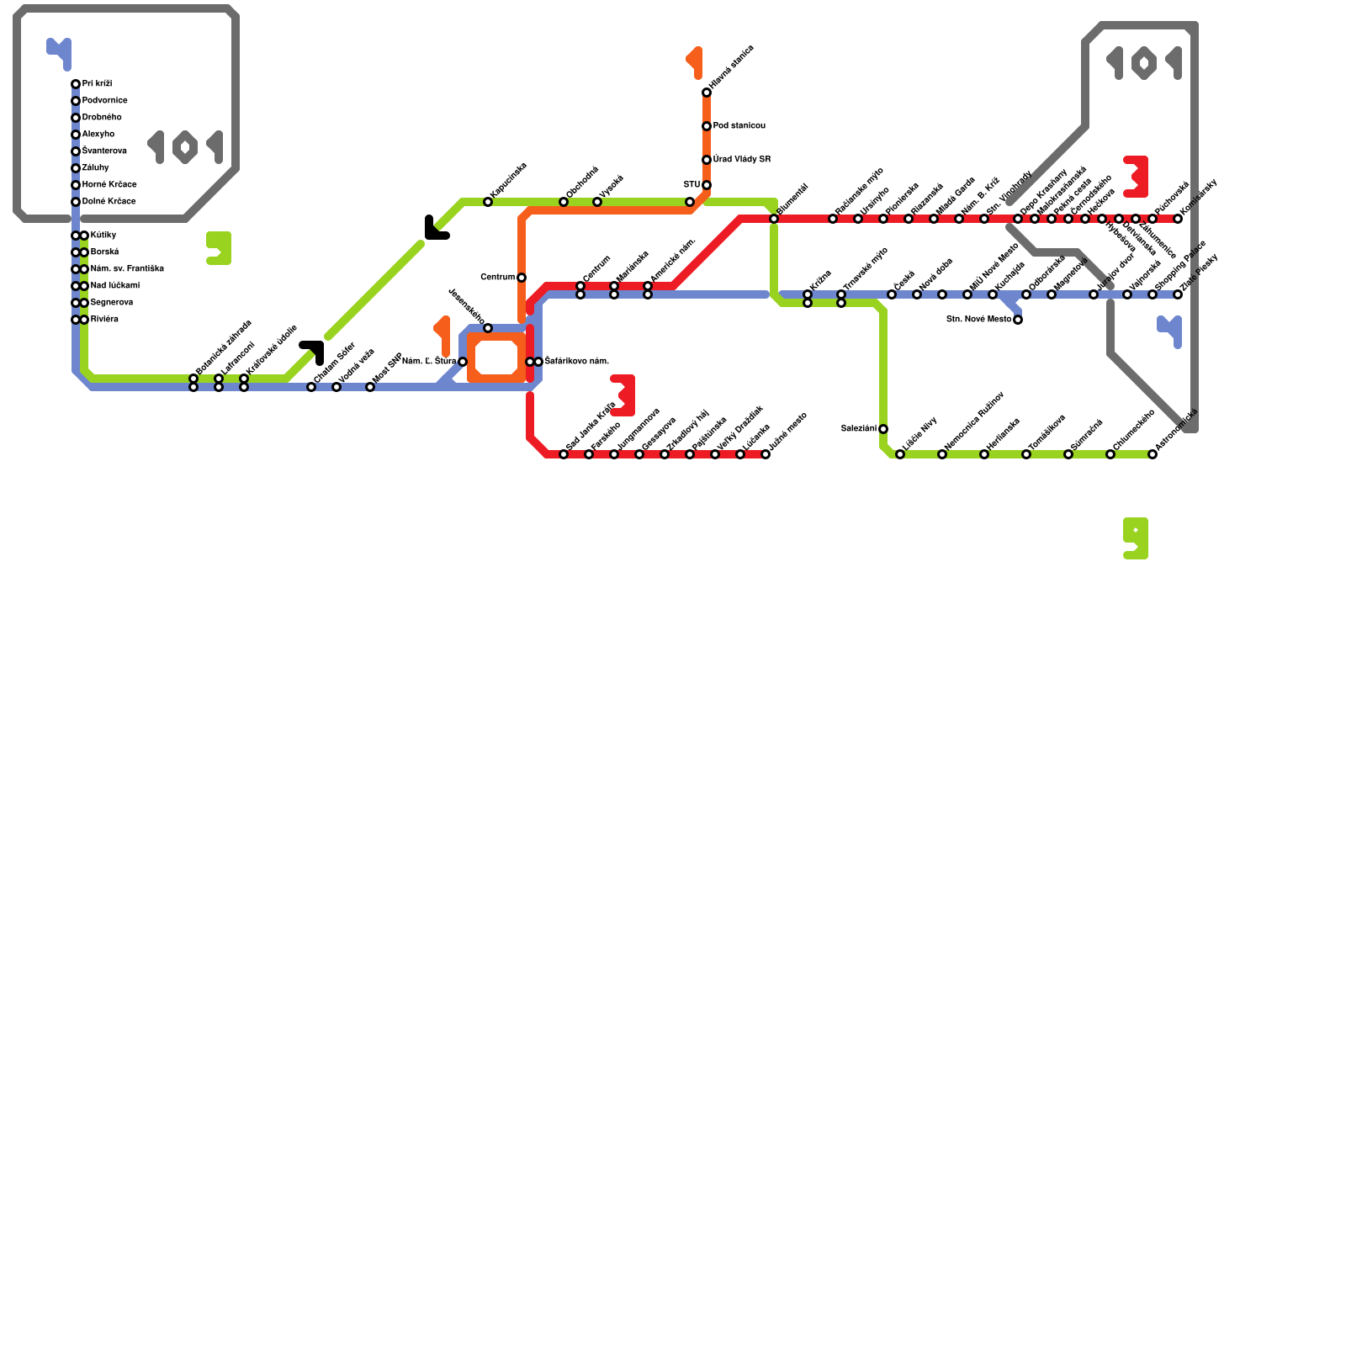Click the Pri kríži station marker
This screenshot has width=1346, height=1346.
coord(76,84)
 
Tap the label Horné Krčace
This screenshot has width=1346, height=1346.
coord(109,185)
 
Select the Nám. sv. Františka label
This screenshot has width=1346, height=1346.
coord(127,269)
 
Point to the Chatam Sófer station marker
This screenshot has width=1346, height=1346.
coord(311,387)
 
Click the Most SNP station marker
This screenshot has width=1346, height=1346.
coord(370,387)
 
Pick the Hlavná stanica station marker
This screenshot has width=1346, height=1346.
coord(707,93)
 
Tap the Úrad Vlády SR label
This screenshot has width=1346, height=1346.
coord(741,160)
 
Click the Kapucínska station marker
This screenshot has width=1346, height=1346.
coord(488,202)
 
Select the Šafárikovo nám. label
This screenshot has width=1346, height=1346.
coord(576,362)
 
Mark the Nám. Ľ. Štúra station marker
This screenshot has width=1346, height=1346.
coord(463,362)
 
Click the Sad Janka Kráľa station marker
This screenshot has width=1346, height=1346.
coord(564,454)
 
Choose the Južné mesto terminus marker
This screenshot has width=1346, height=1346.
coord(766,454)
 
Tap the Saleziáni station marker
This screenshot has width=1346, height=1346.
coord(883,429)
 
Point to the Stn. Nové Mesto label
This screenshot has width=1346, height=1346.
coord(978,320)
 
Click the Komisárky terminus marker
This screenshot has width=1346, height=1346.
coord(1178,219)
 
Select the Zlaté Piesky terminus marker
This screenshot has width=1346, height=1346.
coord(1178,294)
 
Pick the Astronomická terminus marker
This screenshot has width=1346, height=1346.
coord(1153,454)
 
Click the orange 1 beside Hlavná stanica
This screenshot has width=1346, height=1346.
coord(696,62)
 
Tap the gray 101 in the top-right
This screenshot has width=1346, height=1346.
coord(1144,63)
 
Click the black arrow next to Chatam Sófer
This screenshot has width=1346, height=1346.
coord(313,351)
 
